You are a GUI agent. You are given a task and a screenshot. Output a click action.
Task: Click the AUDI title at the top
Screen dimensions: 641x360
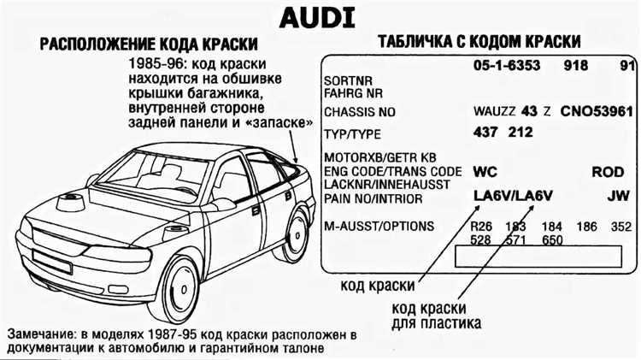point(317,19)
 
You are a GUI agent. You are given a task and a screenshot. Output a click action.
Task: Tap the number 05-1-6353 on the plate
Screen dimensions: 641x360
point(507,66)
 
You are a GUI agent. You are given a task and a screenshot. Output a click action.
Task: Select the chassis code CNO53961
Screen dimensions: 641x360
point(597,111)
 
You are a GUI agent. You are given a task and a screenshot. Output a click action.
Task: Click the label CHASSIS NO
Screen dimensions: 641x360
point(360,112)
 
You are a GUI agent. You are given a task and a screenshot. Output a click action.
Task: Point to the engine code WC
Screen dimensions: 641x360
point(485,172)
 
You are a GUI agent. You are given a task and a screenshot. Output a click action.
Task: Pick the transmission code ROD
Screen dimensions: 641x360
point(608,172)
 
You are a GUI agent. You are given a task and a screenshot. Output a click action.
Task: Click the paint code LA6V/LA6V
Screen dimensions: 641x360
point(513,196)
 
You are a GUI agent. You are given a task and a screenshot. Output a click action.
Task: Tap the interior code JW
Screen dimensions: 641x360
point(618,196)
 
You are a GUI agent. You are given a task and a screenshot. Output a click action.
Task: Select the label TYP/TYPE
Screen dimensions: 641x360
point(352,134)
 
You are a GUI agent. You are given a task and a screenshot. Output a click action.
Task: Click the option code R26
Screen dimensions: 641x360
point(481,227)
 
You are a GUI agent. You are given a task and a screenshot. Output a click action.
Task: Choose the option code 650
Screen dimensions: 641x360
point(552,239)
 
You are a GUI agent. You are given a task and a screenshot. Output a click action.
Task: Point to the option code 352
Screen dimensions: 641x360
point(621,227)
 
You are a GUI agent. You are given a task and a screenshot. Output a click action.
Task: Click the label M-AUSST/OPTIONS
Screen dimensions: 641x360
point(379,226)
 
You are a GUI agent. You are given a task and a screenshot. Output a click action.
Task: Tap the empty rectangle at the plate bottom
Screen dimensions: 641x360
point(538,257)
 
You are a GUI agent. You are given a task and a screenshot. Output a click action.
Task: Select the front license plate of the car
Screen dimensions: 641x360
point(52,262)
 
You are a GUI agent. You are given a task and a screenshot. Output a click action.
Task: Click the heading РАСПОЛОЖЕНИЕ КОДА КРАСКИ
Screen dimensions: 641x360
point(149,44)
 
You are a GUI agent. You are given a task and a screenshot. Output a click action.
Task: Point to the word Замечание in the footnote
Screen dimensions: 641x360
point(41,334)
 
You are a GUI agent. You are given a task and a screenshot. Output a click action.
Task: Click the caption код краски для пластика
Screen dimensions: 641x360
point(436,316)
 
